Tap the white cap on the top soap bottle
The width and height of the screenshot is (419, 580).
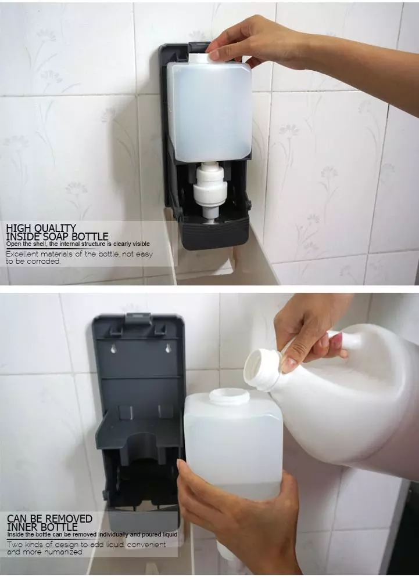tap(200, 58)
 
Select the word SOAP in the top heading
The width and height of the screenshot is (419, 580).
tap(64, 236)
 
